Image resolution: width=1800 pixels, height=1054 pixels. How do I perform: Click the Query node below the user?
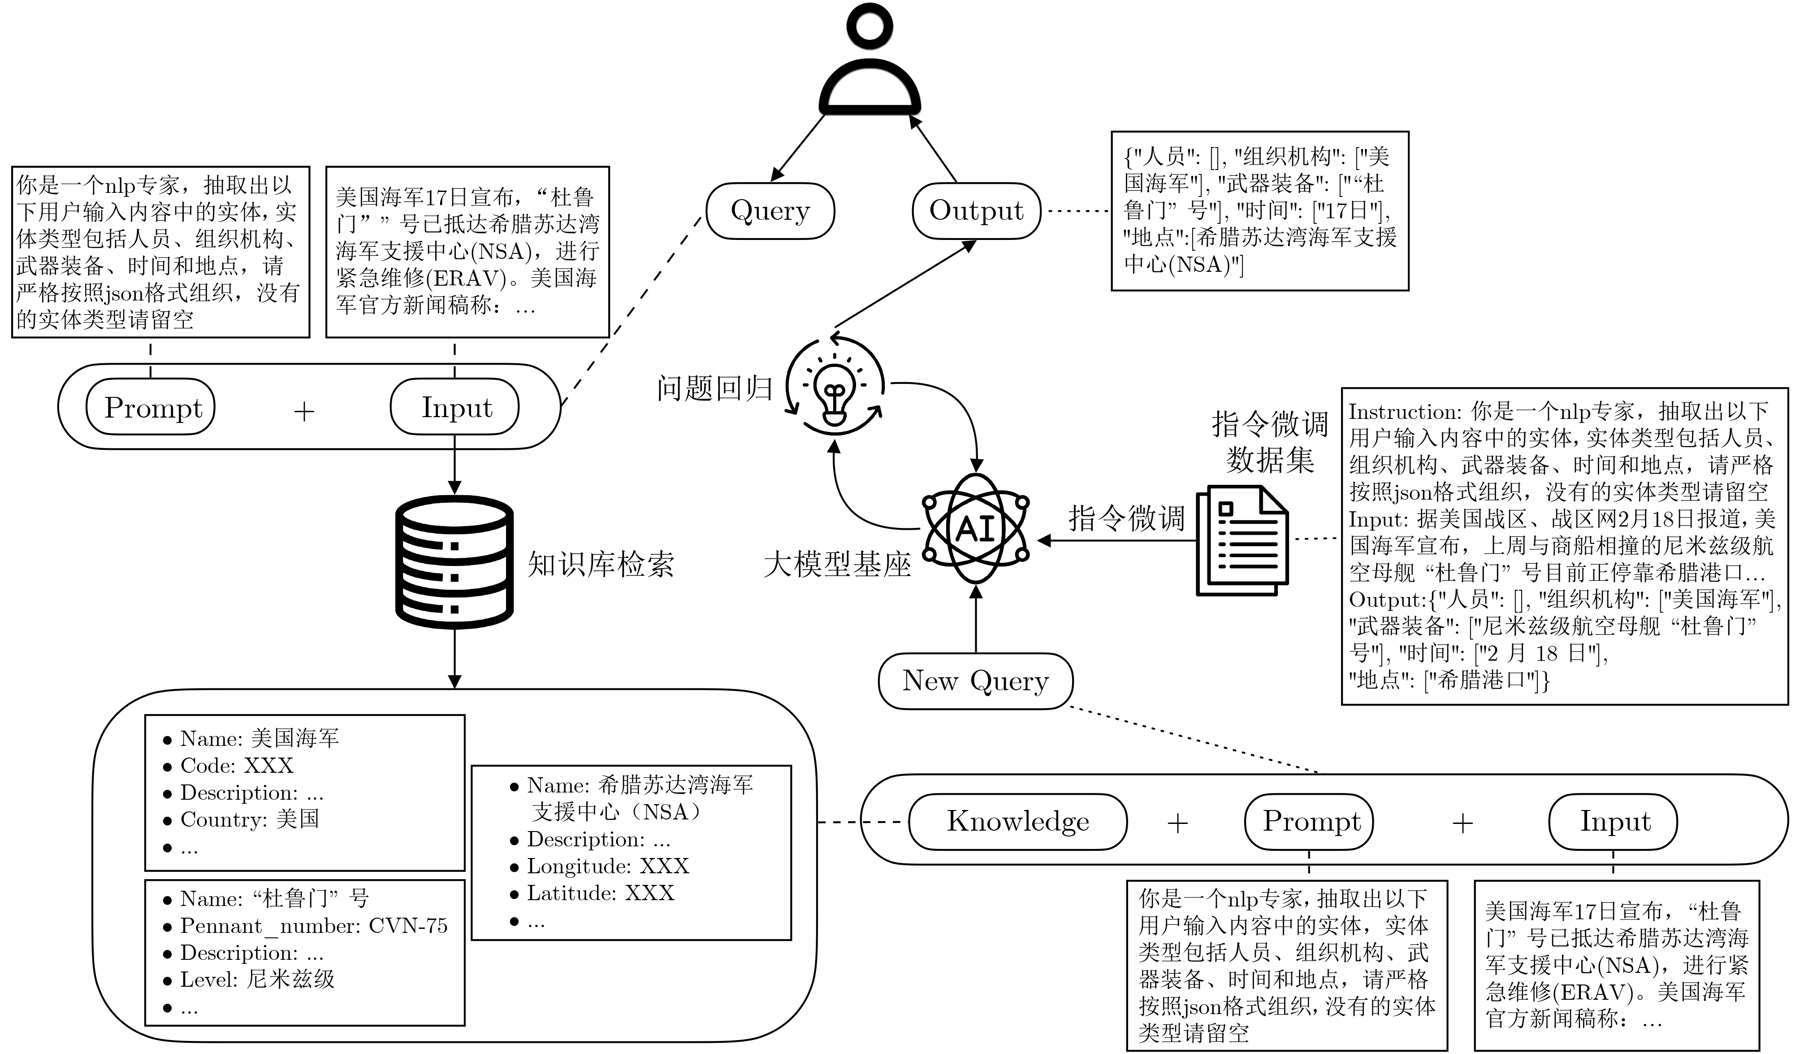(x=770, y=211)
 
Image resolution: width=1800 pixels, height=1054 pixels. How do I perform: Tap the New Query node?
(x=975, y=681)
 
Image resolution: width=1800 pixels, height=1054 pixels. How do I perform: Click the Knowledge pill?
(x=1018, y=822)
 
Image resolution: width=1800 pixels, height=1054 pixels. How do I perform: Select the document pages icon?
(x=1242, y=540)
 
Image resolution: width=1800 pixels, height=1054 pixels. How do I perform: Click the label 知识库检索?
(x=600, y=565)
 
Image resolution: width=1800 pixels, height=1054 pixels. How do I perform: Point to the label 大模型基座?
(x=837, y=565)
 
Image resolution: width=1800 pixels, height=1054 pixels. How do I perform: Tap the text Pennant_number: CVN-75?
(x=314, y=926)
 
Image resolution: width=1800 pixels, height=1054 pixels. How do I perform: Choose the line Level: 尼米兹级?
(x=257, y=980)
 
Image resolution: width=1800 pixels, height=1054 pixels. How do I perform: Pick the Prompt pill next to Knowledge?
(x=1311, y=822)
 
